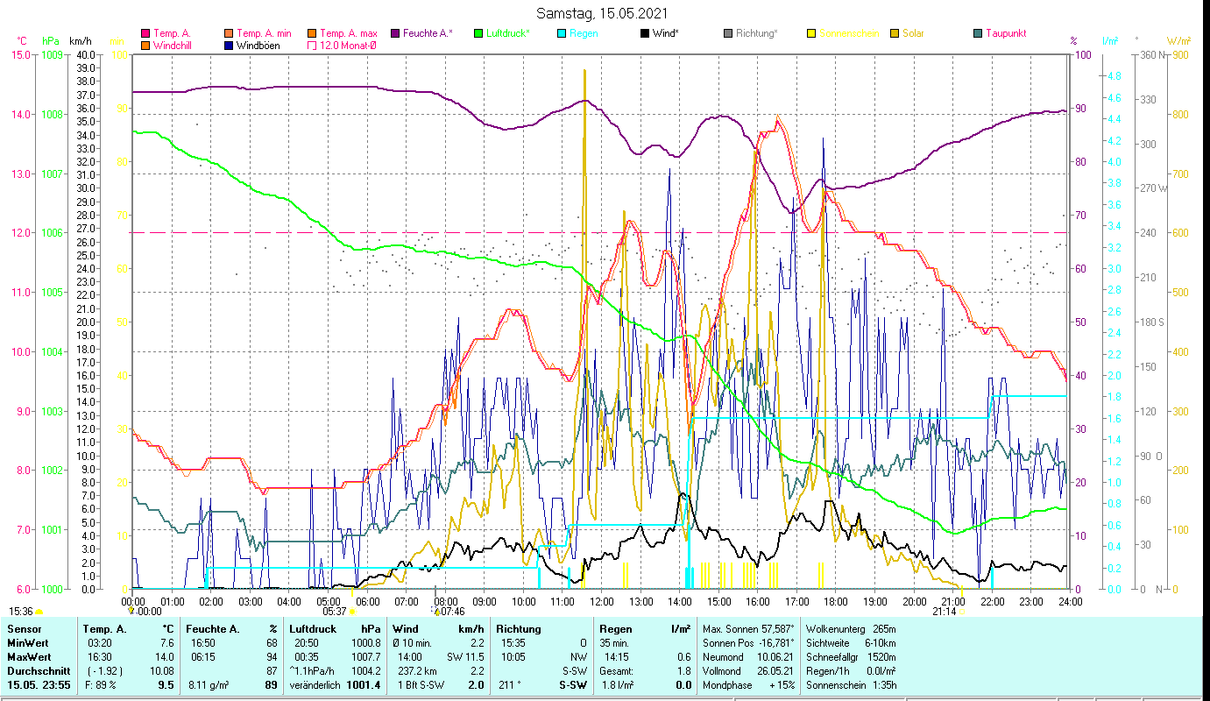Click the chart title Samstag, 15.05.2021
[605, 13]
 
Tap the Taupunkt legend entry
[1005, 33]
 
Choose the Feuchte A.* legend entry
[428, 33]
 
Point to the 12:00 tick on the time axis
[602, 602]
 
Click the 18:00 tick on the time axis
[836, 602]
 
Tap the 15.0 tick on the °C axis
[20, 54]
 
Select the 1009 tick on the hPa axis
[52, 54]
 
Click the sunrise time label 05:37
[335, 612]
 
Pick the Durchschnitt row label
[34, 670]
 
